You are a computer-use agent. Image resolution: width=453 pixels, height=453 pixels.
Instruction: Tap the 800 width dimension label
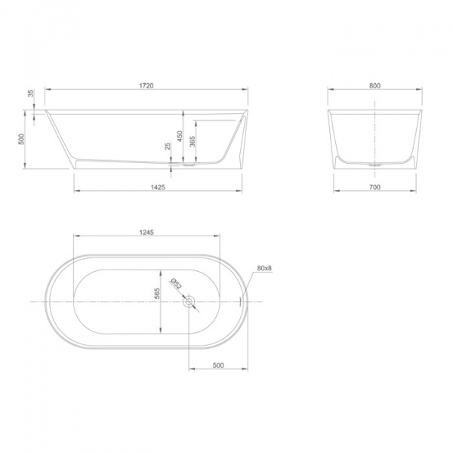pos(374,86)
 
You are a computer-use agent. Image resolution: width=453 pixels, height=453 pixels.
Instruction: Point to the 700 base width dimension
pos(374,186)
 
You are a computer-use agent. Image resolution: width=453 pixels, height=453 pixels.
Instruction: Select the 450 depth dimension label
pos(179,134)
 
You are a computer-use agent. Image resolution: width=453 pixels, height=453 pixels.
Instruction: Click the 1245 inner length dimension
pos(146,233)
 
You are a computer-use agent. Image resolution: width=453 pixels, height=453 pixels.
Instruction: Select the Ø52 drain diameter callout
pos(174,284)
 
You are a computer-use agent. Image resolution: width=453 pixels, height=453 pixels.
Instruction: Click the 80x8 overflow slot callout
pos(263,269)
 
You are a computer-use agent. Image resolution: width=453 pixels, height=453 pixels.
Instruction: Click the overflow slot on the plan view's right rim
pos(241,301)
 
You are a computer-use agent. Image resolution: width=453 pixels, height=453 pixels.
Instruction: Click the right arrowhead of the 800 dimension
pos(421,91)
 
